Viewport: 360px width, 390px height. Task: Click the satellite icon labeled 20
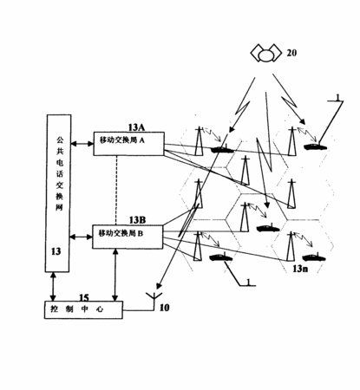(266, 53)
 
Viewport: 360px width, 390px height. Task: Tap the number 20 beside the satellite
(291, 53)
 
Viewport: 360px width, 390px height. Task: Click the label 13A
(136, 127)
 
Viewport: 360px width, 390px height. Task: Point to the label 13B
(137, 220)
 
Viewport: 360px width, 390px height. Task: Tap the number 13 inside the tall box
(56, 251)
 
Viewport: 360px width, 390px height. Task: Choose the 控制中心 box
(83, 310)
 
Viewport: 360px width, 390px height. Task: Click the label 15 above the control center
(84, 297)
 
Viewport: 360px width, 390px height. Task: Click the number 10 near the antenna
(164, 308)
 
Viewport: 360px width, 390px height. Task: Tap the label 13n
(300, 269)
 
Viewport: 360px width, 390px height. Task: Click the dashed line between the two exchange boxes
(116, 191)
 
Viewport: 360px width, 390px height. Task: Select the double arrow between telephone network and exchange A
(82, 143)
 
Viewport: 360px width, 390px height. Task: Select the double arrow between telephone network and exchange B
(81, 237)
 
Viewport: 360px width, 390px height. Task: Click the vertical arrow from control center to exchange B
(115, 275)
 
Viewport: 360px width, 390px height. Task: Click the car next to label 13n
(314, 257)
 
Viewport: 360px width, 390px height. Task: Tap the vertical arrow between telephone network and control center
(53, 287)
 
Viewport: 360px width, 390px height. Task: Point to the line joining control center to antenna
(139, 310)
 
